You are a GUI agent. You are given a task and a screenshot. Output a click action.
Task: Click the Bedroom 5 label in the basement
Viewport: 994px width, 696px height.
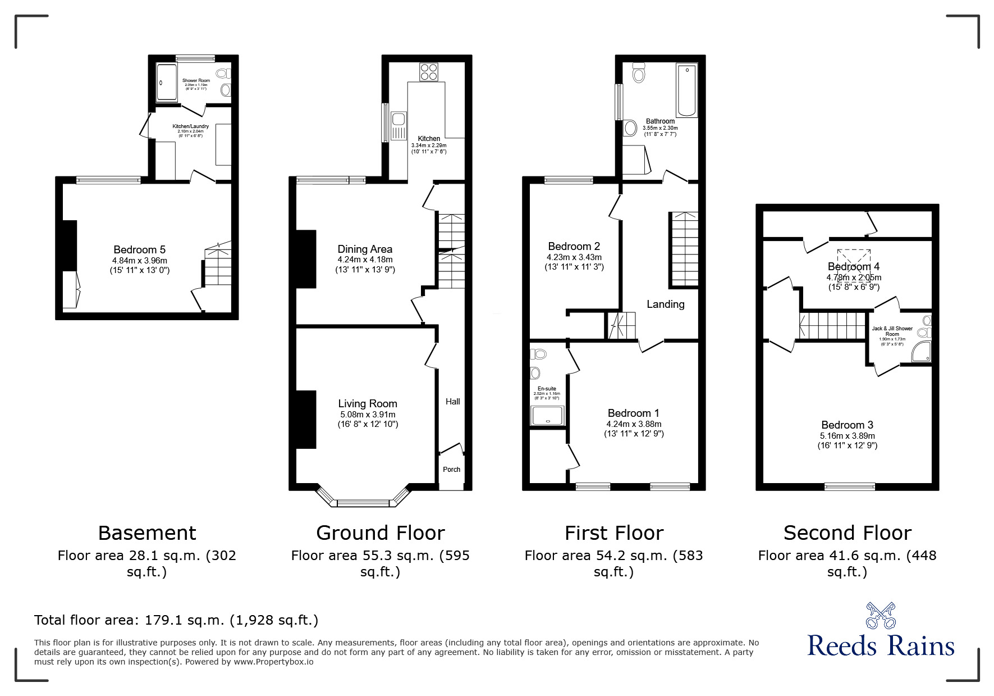(139, 250)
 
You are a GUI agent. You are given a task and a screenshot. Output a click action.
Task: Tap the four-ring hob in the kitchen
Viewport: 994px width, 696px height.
(429, 72)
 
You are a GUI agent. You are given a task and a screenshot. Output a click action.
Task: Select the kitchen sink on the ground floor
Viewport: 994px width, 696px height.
(399, 120)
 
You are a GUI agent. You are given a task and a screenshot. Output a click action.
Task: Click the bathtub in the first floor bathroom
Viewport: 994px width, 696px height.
(687, 90)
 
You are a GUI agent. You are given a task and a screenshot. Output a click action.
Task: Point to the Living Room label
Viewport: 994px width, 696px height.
(368, 403)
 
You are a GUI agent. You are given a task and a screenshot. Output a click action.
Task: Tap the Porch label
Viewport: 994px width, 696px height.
(452, 470)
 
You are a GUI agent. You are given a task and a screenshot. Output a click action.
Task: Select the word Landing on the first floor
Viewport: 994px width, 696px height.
(666, 304)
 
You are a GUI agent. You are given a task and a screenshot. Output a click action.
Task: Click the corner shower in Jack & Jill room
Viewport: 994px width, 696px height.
(921, 352)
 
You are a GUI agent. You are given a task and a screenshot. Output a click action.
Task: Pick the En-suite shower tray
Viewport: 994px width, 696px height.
(547, 415)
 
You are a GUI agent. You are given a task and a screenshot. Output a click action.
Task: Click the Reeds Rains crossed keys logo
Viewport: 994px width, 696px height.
(881, 616)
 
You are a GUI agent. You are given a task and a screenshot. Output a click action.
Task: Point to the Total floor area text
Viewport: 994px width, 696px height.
(176, 620)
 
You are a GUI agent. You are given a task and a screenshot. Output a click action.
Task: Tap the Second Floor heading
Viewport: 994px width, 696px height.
(847, 533)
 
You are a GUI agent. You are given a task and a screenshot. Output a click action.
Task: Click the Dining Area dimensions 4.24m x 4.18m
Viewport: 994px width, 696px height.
(365, 260)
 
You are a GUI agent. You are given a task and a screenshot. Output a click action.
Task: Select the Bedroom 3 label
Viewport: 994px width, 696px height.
(847, 425)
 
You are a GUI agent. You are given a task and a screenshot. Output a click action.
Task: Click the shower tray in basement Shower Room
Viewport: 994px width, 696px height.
(166, 82)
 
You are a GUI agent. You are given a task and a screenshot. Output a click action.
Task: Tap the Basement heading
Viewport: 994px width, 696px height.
(147, 533)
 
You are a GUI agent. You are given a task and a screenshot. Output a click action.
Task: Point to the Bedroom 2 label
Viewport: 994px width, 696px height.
(574, 247)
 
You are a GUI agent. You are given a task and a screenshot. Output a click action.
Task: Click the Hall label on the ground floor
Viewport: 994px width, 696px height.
(453, 402)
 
